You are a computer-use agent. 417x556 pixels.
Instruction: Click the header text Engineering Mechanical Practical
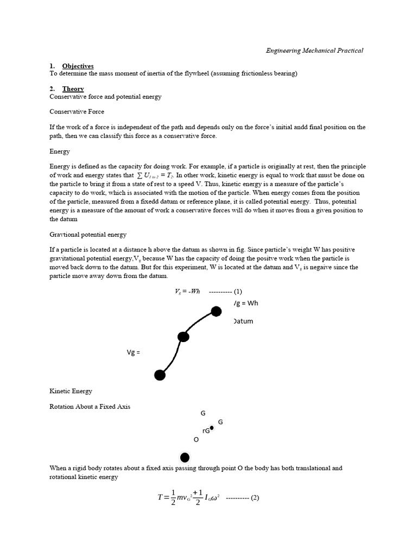[x=314, y=50]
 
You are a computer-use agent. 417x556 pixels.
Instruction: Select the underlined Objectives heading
[x=78, y=66]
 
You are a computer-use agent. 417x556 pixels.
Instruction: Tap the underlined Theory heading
[x=73, y=89]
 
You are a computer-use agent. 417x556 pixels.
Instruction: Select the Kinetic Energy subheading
[x=71, y=391]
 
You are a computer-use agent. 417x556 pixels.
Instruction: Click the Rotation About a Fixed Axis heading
[x=90, y=406]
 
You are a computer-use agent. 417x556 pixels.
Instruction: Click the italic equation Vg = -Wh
[x=188, y=291]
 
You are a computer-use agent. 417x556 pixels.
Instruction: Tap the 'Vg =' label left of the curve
[x=134, y=352]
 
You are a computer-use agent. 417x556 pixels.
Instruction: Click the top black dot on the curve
[x=216, y=311]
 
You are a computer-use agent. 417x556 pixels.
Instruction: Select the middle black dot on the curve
[x=184, y=337]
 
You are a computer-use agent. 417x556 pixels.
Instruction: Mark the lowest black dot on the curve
[x=160, y=375]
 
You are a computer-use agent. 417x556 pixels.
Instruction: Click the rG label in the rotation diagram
[x=206, y=431]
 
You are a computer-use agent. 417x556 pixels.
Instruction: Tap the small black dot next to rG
[x=212, y=428]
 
